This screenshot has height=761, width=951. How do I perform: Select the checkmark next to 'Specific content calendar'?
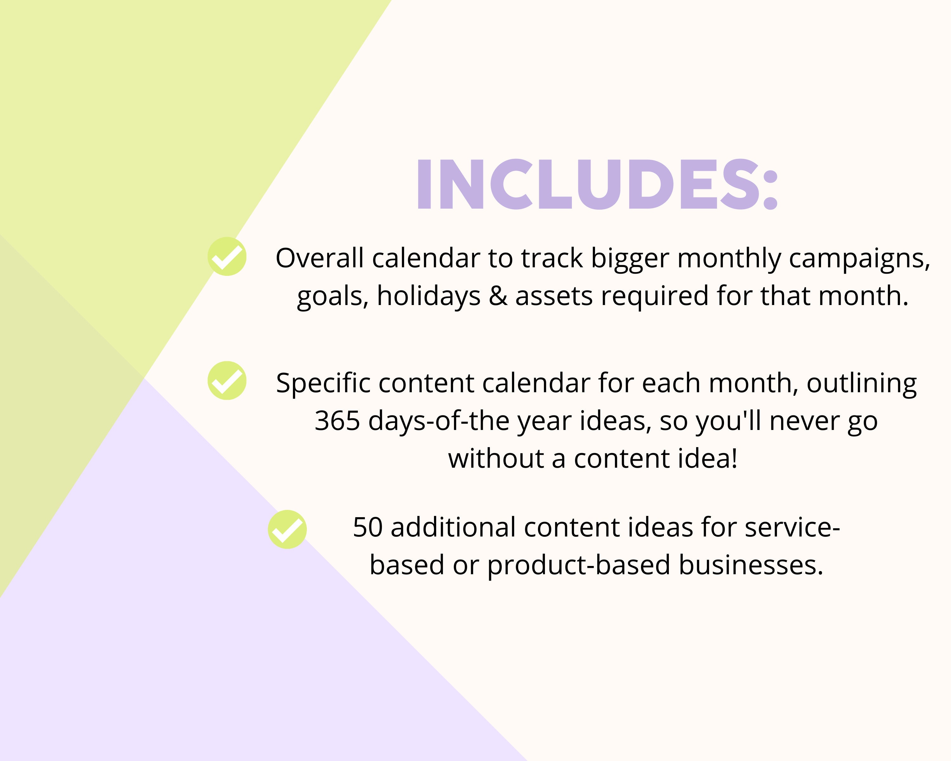227,381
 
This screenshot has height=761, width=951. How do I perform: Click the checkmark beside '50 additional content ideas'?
287,530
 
